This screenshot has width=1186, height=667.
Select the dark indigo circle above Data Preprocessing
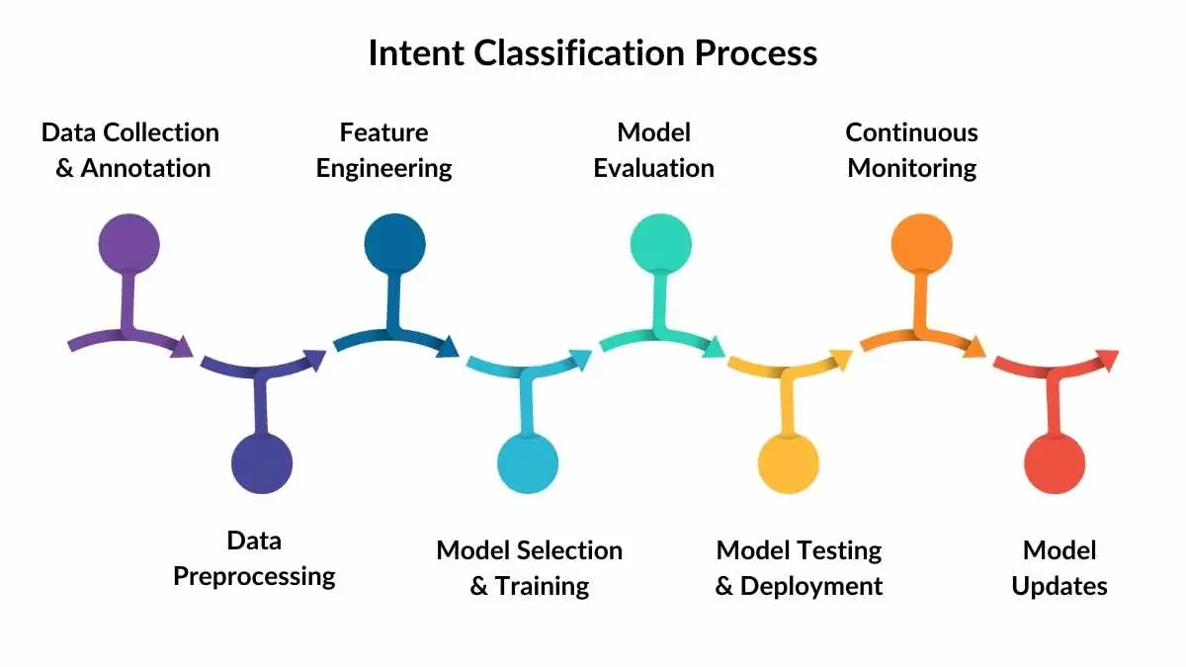click(x=262, y=462)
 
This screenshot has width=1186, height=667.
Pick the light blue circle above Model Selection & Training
click(x=528, y=462)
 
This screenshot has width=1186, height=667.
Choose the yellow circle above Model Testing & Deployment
click(x=789, y=462)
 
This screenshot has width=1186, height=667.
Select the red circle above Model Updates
click(x=1055, y=462)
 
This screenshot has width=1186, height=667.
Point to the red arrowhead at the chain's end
click(x=1107, y=359)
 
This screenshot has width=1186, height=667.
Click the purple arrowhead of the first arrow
click(x=182, y=347)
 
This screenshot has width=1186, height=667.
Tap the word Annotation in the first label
click(x=145, y=168)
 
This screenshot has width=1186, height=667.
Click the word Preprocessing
click(x=254, y=576)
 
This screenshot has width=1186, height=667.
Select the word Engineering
click(x=383, y=168)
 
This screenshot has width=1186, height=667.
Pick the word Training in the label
click(x=542, y=586)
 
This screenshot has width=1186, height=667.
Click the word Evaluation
click(x=653, y=168)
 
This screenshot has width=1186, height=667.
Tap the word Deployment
click(x=810, y=586)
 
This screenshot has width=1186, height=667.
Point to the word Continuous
click(x=911, y=132)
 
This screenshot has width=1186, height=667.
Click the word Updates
click(x=1059, y=586)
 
